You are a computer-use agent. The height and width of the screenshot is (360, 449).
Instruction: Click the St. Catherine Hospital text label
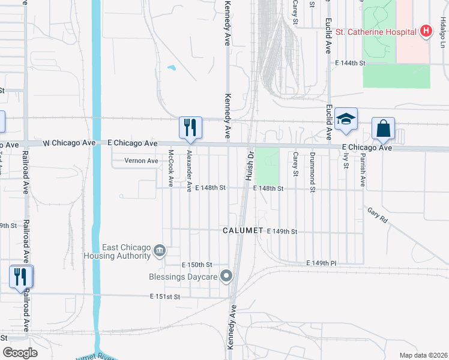coord(376,31)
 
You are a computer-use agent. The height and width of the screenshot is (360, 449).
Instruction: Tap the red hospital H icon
coord(426,31)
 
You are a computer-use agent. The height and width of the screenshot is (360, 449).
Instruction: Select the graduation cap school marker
coord(346,119)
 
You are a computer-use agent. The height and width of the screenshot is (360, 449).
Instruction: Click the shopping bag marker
coord(383,128)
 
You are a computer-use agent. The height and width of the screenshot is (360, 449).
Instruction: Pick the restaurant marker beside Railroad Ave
coord(21,277)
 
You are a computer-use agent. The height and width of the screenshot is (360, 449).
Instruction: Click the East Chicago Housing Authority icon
coord(159,251)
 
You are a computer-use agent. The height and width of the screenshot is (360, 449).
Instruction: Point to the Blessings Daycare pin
coord(226,277)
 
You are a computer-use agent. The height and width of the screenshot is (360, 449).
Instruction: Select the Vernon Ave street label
coord(141,161)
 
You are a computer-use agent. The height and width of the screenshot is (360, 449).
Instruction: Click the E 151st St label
coord(165,296)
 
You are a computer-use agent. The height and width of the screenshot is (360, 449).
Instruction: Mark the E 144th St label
coord(351,62)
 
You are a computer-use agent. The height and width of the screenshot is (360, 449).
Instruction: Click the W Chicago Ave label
coord(70,143)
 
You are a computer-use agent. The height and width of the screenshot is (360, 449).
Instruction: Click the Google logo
coord(20,352)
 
